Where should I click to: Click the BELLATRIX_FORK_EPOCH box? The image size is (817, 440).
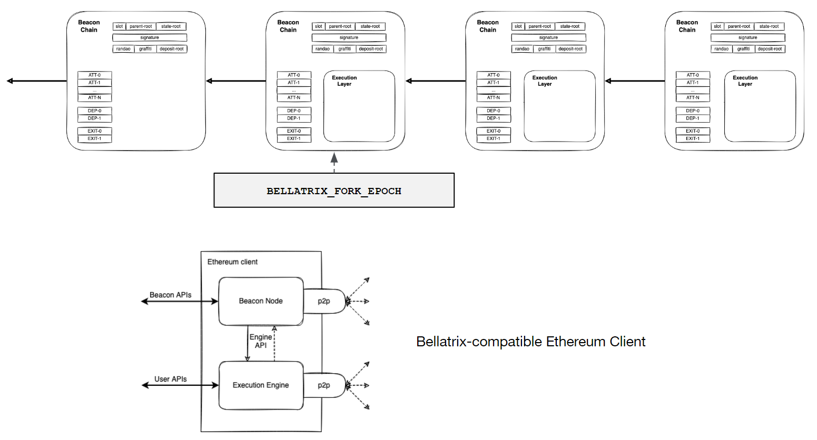click(x=334, y=191)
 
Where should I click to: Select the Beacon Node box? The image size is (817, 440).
click(x=261, y=301)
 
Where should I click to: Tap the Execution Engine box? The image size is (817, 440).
click(x=261, y=385)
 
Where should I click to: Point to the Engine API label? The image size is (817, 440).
click(x=261, y=341)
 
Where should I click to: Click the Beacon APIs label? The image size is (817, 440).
click(x=170, y=295)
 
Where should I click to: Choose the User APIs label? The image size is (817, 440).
click(x=170, y=379)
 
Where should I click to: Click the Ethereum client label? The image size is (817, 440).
click(x=232, y=262)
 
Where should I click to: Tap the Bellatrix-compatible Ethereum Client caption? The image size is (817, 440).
click(x=530, y=342)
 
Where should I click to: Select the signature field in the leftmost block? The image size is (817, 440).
click(x=150, y=37)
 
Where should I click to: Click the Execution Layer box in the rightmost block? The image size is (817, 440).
click(x=760, y=106)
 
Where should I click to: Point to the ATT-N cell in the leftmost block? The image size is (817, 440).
click(x=94, y=97)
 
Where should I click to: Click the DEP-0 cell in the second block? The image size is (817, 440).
click(x=294, y=111)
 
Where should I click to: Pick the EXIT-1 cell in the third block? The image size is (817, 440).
click(x=493, y=138)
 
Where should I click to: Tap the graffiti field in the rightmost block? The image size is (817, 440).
click(x=743, y=49)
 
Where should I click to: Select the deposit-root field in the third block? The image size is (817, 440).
click(x=570, y=49)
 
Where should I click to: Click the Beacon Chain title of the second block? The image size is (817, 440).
click(x=288, y=26)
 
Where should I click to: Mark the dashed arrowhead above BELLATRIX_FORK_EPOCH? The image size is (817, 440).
click(x=334, y=157)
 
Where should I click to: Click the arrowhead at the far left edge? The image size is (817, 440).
click(x=9, y=81)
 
